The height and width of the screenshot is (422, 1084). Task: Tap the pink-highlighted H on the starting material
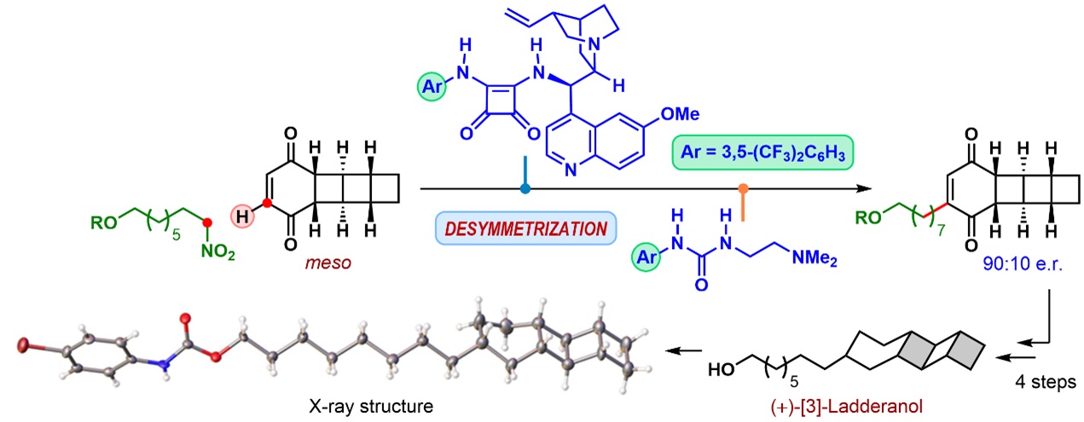point(243,218)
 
